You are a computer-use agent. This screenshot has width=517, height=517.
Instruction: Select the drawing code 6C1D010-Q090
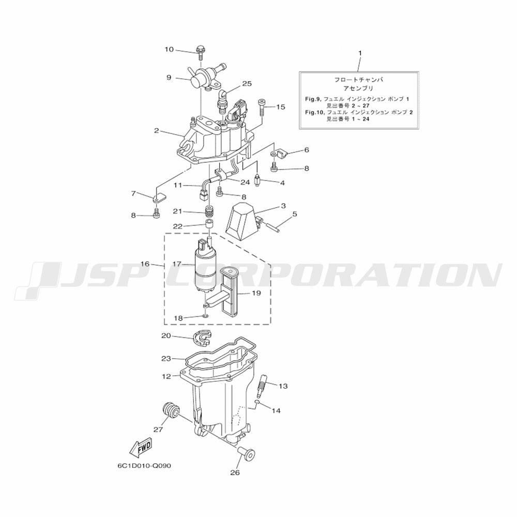(144, 466)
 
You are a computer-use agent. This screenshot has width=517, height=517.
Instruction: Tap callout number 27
(158, 429)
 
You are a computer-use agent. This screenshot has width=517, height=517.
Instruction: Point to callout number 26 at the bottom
(235, 473)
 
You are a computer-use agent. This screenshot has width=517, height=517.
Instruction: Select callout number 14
(276, 411)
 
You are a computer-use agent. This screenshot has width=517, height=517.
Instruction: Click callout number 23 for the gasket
(166, 358)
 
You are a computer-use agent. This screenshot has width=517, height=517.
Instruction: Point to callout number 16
(145, 264)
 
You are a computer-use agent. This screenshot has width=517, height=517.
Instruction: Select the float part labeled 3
(242, 217)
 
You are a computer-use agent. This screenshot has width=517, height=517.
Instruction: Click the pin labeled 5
(272, 227)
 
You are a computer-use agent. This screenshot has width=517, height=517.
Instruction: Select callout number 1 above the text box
(360, 53)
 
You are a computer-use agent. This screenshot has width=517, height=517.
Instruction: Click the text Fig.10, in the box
(313, 112)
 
